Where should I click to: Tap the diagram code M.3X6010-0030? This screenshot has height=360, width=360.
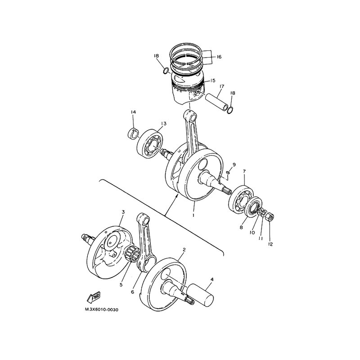point(102,310)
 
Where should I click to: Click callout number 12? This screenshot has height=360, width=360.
point(270,244)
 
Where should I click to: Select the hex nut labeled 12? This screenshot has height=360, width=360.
point(269,216)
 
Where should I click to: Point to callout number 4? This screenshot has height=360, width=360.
point(212,279)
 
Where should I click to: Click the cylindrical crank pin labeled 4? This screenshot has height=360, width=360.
point(200,295)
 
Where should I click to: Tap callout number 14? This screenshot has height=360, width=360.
point(133,112)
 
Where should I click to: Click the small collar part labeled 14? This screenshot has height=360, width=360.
point(133,134)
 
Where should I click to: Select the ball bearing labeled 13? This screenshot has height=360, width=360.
point(150,144)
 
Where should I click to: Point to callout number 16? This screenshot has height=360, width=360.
point(219,57)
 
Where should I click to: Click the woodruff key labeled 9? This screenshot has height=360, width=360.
point(228,172)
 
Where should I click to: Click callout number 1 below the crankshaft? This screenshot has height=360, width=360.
point(193,216)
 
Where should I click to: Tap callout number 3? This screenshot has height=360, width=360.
point(123,211)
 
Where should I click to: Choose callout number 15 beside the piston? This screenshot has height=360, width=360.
point(212,81)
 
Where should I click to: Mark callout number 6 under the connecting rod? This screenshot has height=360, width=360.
point(132,292)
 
